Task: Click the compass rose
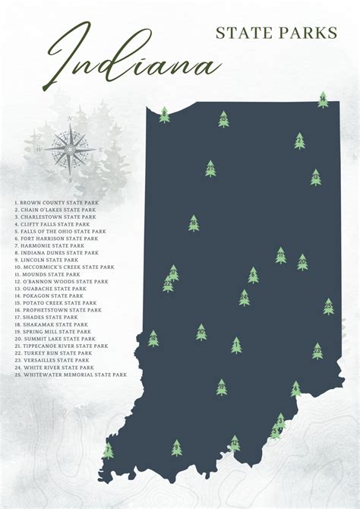point(70,148)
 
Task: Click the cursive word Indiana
point(133,57)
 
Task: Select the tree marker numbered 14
point(323,100)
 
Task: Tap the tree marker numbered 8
point(164,115)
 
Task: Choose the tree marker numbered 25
point(317,350)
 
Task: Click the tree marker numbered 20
point(302,262)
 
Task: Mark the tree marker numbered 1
point(236,346)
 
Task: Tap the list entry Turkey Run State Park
point(53,353)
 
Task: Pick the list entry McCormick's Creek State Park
point(64,267)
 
